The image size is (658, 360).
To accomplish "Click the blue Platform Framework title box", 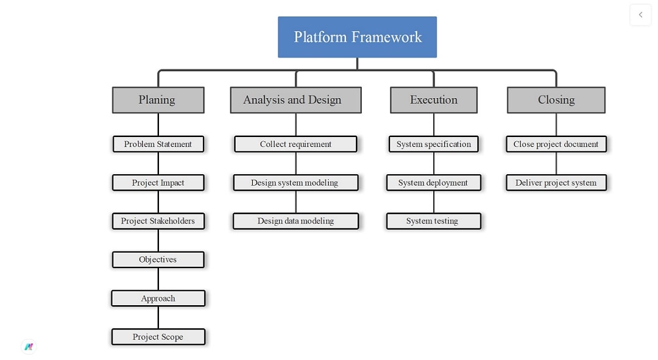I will (x=357, y=37).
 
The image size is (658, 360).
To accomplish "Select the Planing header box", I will (x=158, y=100).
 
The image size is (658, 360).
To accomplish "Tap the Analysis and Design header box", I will (x=295, y=100).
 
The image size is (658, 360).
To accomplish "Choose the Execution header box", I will (x=434, y=100).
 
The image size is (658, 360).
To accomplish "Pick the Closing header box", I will (x=556, y=100).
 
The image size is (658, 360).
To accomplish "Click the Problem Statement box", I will (x=158, y=144).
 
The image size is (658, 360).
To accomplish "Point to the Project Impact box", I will (x=158, y=183).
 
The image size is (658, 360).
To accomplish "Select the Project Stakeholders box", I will (x=158, y=221).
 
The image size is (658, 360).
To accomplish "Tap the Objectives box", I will (x=158, y=259).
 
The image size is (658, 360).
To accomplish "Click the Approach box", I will (x=158, y=298).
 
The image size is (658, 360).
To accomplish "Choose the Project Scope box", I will (x=158, y=337).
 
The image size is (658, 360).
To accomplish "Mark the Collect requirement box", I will (x=295, y=144).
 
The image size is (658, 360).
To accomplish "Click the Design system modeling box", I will (x=295, y=183).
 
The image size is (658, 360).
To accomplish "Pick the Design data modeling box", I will (x=295, y=221).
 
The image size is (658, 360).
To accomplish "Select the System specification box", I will (x=434, y=144).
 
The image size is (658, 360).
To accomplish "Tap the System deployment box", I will (x=434, y=183).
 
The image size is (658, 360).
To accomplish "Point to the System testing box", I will (x=433, y=221).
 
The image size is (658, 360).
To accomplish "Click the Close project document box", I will (x=556, y=144).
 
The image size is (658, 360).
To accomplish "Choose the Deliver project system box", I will (x=556, y=183).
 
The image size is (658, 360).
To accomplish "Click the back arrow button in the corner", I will (x=640, y=15).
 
